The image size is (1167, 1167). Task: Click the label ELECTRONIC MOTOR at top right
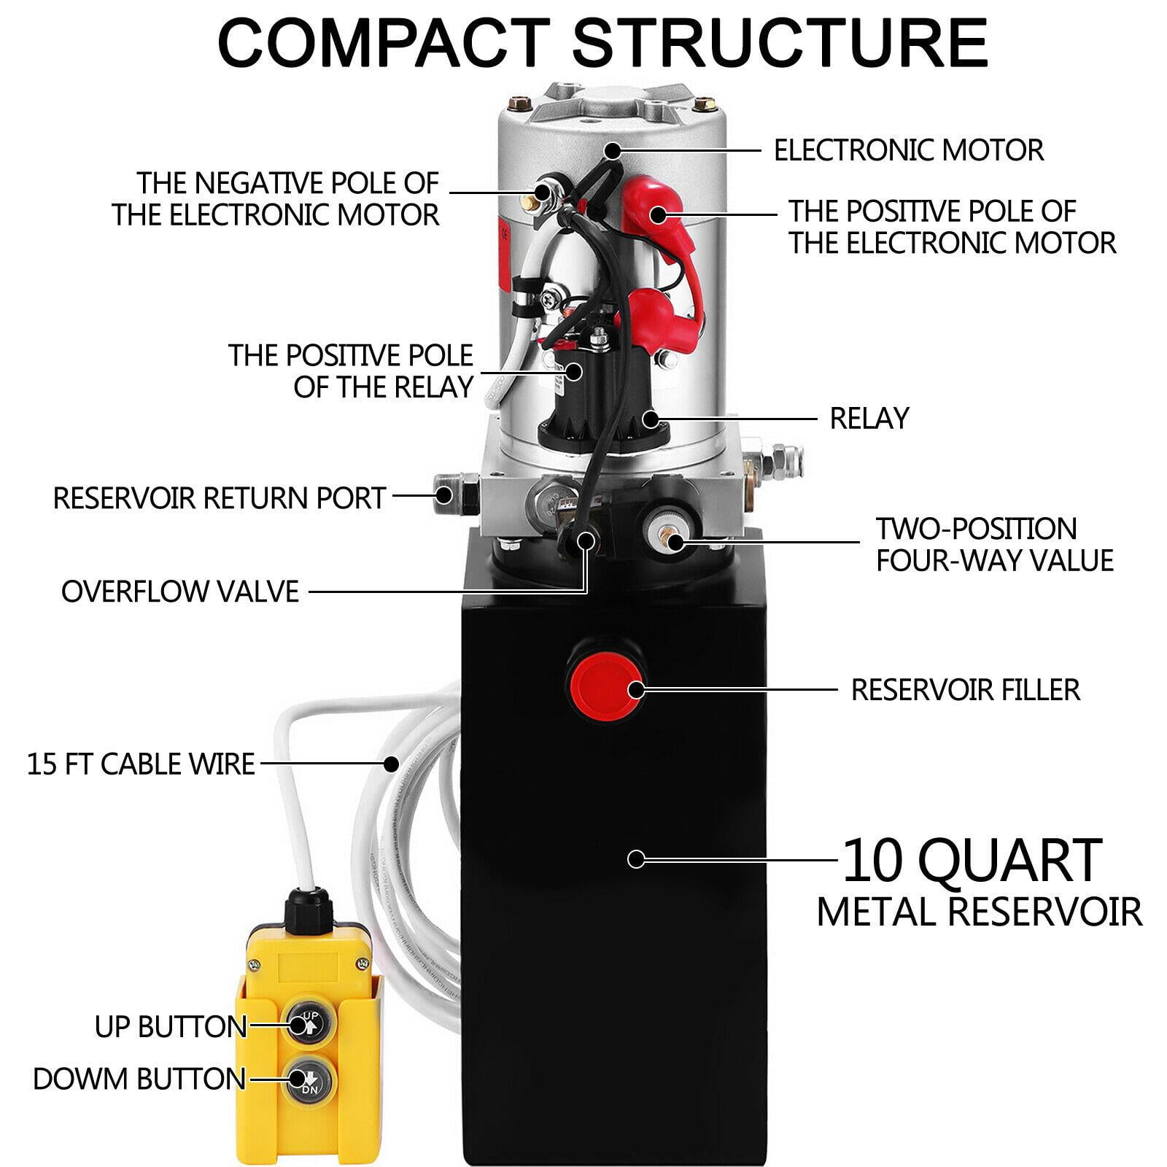908,150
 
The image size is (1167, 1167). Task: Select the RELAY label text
869,419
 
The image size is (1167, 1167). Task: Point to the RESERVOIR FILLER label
965,689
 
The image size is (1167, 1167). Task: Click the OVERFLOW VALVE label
180,591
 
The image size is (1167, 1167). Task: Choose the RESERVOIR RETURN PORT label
219,497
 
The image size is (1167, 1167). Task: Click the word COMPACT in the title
383,44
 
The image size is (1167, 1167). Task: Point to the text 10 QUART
972,861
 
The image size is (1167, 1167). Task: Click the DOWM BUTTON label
139,1078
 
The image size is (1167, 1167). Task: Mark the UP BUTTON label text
171,1026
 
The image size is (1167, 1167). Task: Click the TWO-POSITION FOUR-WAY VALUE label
994,544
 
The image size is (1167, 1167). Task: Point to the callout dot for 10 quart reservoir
636,859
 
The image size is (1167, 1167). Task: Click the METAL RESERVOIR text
979,912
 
